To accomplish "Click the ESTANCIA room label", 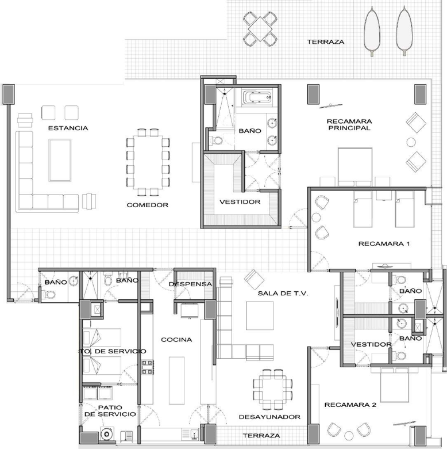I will point(68,128).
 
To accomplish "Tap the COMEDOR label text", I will point(148,205).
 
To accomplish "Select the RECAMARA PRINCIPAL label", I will point(349,124).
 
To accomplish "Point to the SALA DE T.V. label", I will point(283,294).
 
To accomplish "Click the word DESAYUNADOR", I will point(270,417).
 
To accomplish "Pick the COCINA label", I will point(176,340).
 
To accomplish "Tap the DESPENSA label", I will point(191,284).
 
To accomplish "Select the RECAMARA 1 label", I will point(384,243).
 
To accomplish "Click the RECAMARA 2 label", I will point(350,405).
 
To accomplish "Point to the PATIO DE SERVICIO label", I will point(110,410).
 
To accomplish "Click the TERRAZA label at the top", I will point(325,42).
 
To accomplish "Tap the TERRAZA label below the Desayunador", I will point(261,436).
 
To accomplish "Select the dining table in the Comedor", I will point(148,163).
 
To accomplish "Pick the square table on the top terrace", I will point(260,28).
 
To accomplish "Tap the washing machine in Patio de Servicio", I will point(106,435).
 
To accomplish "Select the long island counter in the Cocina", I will point(176,380).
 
